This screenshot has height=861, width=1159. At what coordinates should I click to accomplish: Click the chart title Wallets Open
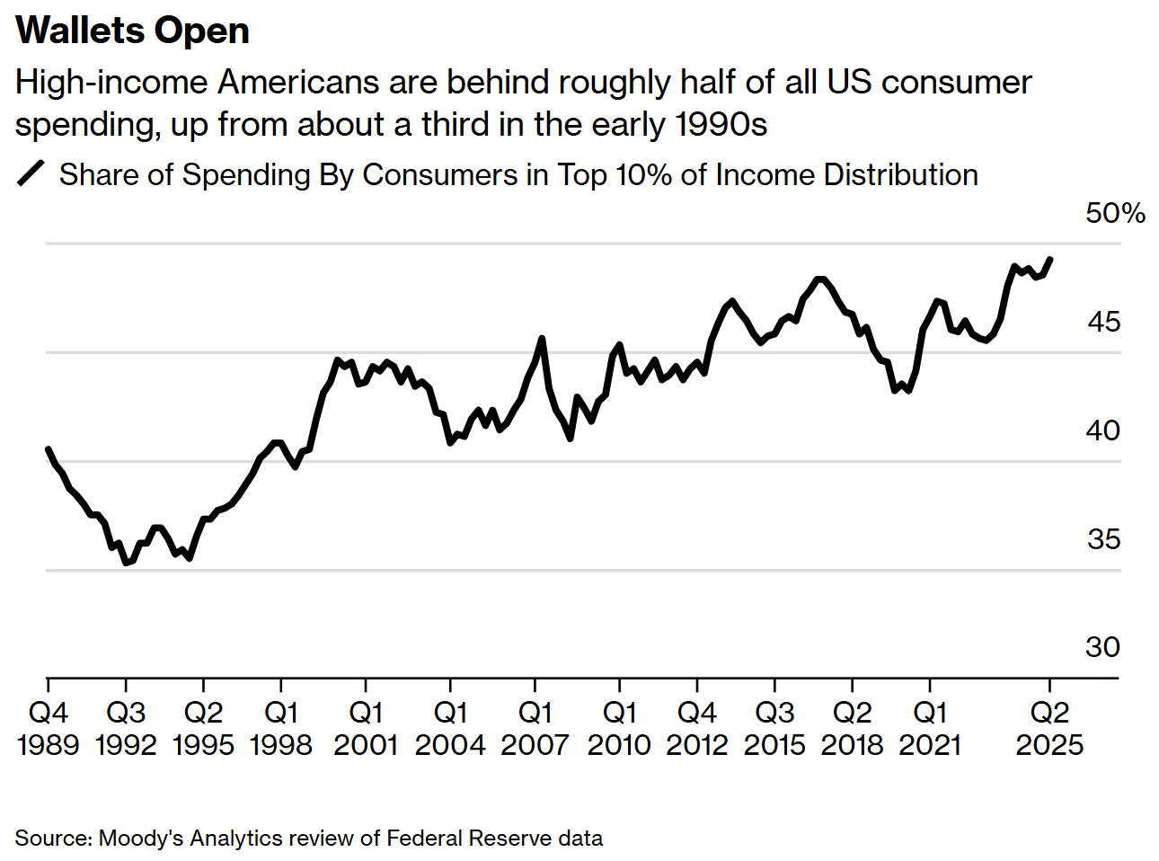click(x=132, y=31)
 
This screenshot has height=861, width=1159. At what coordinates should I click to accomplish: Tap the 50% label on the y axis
click(x=1115, y=213)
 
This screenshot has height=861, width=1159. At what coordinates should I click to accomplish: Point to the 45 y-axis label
click(x=1103, y=322)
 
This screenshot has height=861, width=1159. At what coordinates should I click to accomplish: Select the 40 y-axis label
click(x=1103, y=430)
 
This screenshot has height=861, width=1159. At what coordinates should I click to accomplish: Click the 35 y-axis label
click(x=1103, y=539)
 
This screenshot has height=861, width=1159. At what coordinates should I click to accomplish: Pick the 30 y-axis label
click(x=1103, y=647)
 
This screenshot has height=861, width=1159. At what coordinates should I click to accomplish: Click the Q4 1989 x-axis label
click(x=49, y=728)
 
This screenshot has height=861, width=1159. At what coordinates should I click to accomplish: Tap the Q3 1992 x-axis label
click(x=126, y=728)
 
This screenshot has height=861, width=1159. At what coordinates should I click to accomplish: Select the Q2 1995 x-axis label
click(x=203, y=728)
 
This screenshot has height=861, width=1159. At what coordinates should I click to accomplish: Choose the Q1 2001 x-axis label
click(x=366, y=728)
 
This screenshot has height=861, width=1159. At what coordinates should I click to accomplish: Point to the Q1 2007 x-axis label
click(x=535, y=728)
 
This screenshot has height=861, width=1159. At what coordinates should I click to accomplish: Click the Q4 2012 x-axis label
click(x=697, y=728)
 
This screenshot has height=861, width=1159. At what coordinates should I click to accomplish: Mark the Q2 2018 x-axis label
click(x=852, y=728)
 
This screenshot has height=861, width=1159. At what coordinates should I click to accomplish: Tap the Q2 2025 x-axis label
click(x=1049, y=728)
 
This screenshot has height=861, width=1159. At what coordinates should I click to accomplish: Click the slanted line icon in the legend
click(x=31, y=173)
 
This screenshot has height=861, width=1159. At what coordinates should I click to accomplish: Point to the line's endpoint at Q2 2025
click(x=1050, y=259)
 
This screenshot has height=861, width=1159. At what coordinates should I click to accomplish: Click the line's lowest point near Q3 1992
click(x=127, y=564)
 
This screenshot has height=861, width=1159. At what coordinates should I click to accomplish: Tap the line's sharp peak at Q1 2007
click(x=542, y=338)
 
